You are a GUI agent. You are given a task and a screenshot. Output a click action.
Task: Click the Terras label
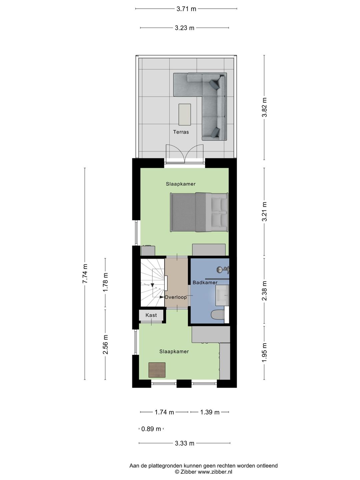[x=181, y=132]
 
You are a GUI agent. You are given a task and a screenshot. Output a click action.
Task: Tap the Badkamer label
[x=205, y=283]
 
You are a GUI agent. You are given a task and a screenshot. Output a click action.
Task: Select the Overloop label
[x=176, y=297]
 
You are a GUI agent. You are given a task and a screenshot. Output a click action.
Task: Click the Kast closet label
[x=151, y=315]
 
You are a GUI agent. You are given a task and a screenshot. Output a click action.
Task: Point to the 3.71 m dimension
[x=186, y=9]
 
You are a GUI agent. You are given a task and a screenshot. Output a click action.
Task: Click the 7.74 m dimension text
[x=85, y=274]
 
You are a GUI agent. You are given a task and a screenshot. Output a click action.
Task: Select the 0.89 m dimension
[x=151, y=429]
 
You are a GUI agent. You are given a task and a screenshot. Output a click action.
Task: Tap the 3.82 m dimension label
[x=265, y=107]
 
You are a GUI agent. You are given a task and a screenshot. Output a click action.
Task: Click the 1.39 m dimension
[x=210, y=412]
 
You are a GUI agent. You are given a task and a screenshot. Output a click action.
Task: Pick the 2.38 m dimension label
[x=265, y=291]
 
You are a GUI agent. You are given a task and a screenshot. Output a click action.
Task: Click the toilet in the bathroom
[x=218, y=315]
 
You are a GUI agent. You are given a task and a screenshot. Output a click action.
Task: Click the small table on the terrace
[x=185, y=114]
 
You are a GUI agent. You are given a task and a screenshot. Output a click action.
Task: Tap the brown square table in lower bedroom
[x=157, y=370]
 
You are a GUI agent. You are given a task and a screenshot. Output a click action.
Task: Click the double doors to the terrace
[x=185, y=154]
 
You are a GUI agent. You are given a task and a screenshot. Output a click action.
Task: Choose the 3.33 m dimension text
[x=184, y=443]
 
